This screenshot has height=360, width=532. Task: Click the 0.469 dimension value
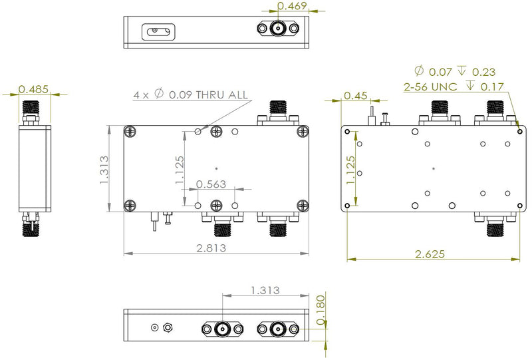[x=292, y=6]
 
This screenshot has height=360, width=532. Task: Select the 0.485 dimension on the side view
[x=33, y=89]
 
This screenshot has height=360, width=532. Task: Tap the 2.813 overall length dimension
[x=211, y=248]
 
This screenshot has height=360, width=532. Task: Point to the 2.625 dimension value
[x=430, y=254]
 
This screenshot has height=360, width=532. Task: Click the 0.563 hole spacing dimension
[x=211, y=184]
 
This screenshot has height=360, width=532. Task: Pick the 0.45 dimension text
[x=356, y=96]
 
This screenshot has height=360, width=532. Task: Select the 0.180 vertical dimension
[x=321, y=310]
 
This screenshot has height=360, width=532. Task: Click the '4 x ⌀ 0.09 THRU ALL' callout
[x=191, y=94]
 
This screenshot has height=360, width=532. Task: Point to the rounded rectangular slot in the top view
[x=158, y=31]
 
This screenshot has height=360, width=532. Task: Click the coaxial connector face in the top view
[x=278, y=28]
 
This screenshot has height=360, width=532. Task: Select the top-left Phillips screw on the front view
[x=130, y=131]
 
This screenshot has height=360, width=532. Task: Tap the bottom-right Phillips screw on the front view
[x=303, y=205]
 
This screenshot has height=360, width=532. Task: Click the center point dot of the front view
[x=217, y=168]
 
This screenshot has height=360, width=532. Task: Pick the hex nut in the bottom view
[x=167, y=327]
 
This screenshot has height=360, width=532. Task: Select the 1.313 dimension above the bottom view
[x=265, y=290]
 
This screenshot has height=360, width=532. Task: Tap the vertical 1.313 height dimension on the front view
[x=104, y=170]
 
